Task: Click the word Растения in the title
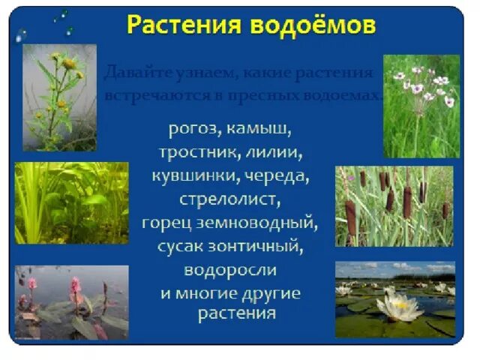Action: pyautogui.click(x=181, y=25)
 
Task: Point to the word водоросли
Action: pyautogui.click(x=229, y=268)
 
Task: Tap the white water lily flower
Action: pyautogui.click(x=399, y=306)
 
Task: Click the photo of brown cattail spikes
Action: pyautogui.click(x=394, y=205)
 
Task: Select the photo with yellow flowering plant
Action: pyautogui.click(x=59, y=97)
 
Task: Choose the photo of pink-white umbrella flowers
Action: pyautogui.click(x=421, y=105)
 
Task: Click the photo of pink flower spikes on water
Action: pyautogui.click(x=70, y=302)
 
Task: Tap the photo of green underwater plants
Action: pyautogui.click(x=70, y=202)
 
